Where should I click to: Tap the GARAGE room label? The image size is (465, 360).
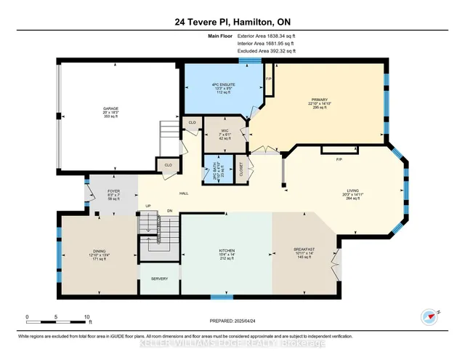[x=110, y=111]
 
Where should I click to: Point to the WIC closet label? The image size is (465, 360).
[x=225, y=131]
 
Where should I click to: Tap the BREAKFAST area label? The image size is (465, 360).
[x=304, y=249]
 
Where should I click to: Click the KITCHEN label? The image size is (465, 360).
[x=227, y=249]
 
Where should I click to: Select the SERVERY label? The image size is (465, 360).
[x=159, y=279]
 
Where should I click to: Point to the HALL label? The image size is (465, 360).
[x=185, y=193]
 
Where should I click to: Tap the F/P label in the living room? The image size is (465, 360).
[x=339, y=159]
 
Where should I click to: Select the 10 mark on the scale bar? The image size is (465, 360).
[x=87, y=317]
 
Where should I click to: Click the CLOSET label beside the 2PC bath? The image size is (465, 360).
[x=240, y=166]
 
